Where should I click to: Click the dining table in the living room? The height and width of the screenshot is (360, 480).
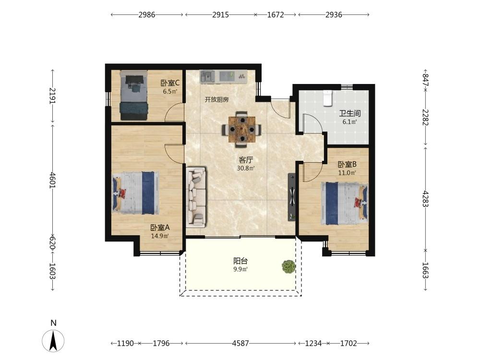[x=242, y=130]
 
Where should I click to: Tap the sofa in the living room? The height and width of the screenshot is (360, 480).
[x=196, y=197]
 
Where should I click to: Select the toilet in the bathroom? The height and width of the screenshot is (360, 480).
[x=328, y=98]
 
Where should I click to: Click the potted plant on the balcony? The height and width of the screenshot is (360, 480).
[x=288, y=266]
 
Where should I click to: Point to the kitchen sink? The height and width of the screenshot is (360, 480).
[x=208, y=76]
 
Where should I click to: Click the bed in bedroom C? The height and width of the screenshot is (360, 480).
[x=133, y=95]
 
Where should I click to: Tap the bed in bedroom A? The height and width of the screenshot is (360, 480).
[x=136, y=192]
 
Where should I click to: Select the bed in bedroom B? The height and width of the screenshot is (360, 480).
[x=344, y=203]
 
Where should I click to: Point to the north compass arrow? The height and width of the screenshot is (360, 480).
[x=53, y=341]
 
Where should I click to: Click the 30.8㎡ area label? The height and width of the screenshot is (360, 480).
[x=245, y=168]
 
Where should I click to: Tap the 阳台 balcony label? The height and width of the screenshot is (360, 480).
[x=240, y=261]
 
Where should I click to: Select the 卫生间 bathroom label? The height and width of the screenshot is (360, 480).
[x=349, y=113]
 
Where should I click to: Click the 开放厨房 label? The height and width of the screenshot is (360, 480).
[x=217, y=99]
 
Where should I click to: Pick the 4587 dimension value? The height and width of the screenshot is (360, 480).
[x=240, y=343]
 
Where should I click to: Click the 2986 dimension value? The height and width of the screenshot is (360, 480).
[x=147, y=14]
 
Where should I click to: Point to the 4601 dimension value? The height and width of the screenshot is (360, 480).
[x=53, y=180]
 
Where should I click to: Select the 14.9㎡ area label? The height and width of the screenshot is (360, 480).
[x=160, y=236]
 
